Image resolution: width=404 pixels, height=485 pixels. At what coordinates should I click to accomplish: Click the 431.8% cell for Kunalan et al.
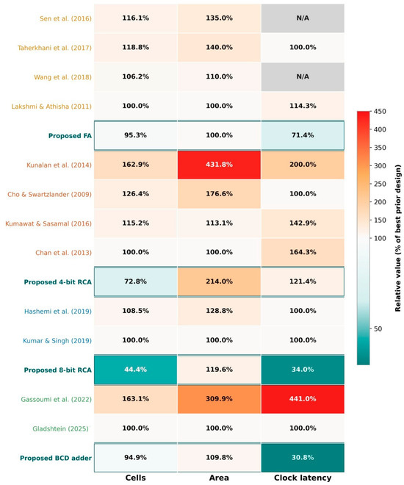click(219, 165)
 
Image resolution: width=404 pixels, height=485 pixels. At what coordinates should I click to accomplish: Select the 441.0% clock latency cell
click(303, 399)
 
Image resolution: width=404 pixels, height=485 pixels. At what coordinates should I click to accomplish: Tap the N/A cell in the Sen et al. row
click(303, 18)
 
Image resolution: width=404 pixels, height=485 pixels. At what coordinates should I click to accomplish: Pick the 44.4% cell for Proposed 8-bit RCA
click(135, 370)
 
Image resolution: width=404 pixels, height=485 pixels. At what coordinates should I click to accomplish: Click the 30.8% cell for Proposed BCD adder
click(303, 458)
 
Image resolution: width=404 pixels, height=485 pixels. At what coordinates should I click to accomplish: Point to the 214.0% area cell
click(219, 281)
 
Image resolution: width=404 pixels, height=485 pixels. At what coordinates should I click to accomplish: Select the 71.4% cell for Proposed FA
click(303, 135)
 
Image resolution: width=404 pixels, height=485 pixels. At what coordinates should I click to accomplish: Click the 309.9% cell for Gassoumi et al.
click(219, 399)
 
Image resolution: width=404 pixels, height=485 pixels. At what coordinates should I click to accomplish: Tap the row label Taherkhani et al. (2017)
click(54, 48)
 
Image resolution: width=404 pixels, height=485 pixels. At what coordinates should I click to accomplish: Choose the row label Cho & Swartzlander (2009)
click(50, 195)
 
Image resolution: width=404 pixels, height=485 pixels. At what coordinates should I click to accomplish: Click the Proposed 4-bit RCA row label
click(58, 282)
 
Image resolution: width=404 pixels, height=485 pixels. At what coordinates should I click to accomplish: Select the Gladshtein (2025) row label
click(60, 428)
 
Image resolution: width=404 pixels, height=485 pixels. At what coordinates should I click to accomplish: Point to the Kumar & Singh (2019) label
click(57, 341)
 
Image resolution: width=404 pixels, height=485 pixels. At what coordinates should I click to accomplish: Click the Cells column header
click(135, 478)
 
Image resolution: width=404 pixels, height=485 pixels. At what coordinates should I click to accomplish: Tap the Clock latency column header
click(303, 478)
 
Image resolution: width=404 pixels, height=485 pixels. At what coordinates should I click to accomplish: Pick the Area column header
click(219, 478)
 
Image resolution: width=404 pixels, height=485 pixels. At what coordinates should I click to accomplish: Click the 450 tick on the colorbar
click(380, 112)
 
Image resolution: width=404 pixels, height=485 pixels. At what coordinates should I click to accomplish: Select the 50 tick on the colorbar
click(378, 328)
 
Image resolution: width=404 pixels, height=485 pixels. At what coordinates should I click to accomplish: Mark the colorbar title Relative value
click(398, 238)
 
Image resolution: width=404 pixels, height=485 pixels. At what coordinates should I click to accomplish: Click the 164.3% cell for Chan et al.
click(303, 252)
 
